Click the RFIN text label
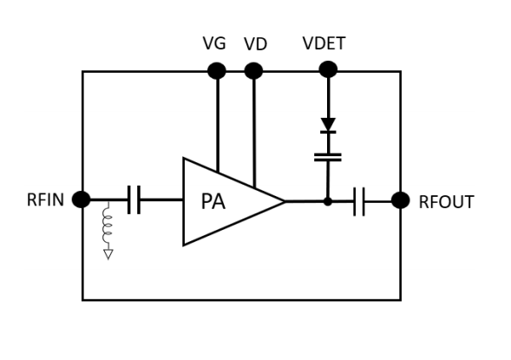click(45, 200)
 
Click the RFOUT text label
click(446, 202)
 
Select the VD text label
click(255, 43)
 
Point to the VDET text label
click(324, 43)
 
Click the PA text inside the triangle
click(213, 201)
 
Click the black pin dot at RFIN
click(82, 200)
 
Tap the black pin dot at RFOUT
click(400, 200)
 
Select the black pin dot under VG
click(217, 71)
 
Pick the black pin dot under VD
click(253, 71)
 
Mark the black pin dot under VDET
click(328, 69)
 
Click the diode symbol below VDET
click(328, 126)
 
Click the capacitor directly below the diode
click(328, 157)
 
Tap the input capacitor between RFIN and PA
click(133, 200)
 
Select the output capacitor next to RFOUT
click(360, 201)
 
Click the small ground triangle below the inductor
click(108, 254)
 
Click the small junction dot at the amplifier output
click(328, 201)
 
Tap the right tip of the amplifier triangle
click(284, 201)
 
